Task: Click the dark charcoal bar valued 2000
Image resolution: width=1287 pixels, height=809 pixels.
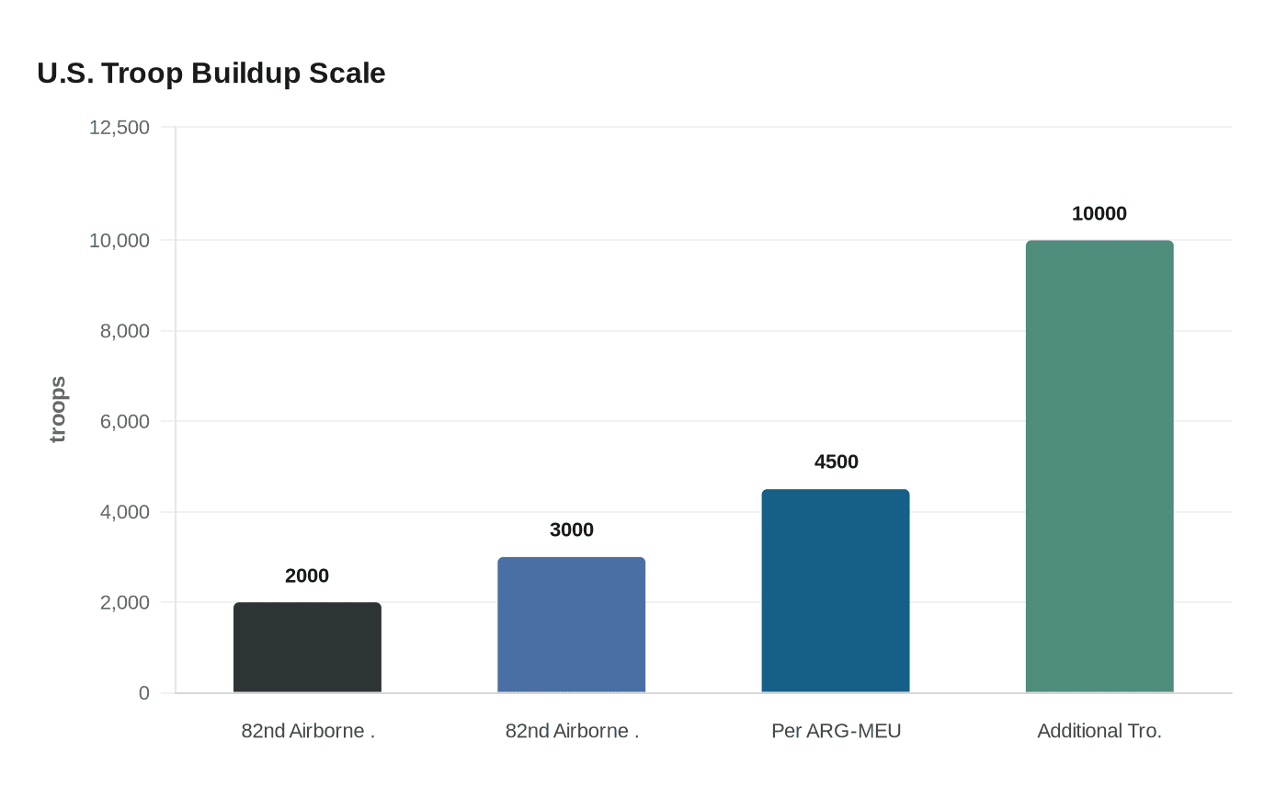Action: click(307, 647)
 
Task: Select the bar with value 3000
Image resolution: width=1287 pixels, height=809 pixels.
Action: click(571, 624)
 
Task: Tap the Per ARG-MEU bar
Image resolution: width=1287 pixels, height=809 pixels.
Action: click(836, 590)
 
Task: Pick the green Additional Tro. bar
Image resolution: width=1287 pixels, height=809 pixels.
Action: click(1099, 466)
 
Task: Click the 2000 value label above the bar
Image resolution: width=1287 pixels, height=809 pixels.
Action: click(307, 575)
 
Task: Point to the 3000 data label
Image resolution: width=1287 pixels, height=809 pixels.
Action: click(571, 530)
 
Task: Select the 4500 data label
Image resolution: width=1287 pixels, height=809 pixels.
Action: click(836, 461)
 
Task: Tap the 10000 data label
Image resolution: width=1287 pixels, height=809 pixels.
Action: click(1099, 213)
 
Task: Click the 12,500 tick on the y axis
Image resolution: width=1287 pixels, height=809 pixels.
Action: click(120, 128)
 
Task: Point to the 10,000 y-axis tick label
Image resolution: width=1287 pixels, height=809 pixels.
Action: click(120, 241)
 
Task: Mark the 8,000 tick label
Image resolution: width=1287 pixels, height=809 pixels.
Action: click(125, 331)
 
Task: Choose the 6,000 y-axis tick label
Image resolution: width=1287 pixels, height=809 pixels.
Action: click(125, 421)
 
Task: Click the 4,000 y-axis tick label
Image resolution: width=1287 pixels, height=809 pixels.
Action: click(125, 512)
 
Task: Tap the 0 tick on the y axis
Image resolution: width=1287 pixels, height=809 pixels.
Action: click(144, 693)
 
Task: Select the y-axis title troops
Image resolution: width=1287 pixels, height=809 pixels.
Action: click(58, 409)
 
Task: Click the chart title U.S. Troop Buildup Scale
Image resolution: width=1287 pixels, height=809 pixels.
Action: click(211, 74)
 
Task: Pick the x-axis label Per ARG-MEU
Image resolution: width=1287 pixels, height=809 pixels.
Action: click(836, 731)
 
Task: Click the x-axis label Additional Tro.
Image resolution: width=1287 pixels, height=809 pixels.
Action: click(1099, 731)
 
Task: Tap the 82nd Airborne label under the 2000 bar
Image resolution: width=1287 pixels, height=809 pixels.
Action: click(307, 731)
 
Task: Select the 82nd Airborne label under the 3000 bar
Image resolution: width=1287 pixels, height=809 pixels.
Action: click(571, 731)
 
